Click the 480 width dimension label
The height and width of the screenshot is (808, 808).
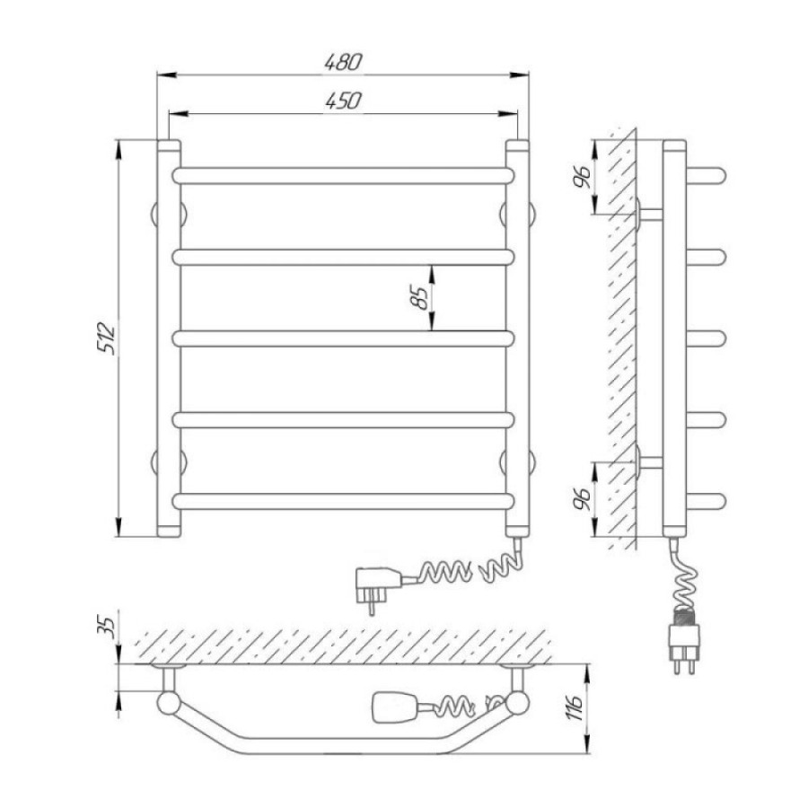click(x=343, y=62)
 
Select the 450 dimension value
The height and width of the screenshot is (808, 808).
click(x=343, y=101)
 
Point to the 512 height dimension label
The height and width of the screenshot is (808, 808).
click(x=106, y=338)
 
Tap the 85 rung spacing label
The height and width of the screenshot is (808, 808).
click(x=420, y=297)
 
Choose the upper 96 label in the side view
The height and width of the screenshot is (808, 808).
click(x=583, y=177)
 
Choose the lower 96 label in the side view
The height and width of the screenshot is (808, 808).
click(x=583, y=498)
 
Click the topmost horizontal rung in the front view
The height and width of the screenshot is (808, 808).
click(x=343, y=176)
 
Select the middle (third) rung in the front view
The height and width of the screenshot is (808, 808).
click(x=343, y=338)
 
